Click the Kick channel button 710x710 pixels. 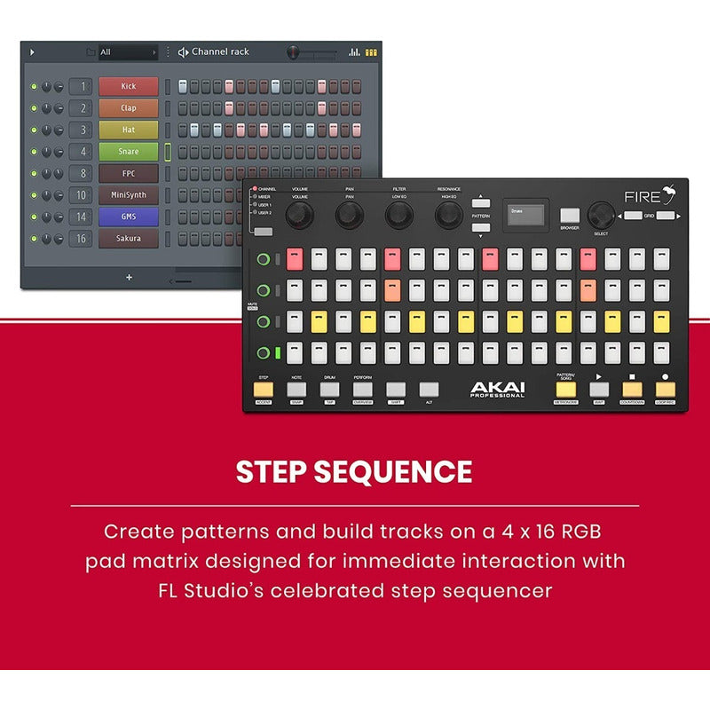tap(129, 86)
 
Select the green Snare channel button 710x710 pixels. tap(129, 152)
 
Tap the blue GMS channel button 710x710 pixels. tap(129, 217)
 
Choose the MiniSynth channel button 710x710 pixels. tap(129, 195)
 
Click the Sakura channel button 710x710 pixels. tap(129, 239)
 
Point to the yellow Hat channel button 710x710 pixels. tap(129, 130)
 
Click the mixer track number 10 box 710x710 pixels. tap(81, 195)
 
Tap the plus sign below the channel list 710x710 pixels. tap(129, 277)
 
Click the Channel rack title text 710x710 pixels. tap(220, 52)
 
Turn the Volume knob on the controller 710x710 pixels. tap(300, 214)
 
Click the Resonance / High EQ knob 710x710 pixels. tap(448, 214)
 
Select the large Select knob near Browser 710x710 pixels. tap(602, 214)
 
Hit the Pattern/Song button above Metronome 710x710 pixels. tap(565, 389)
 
